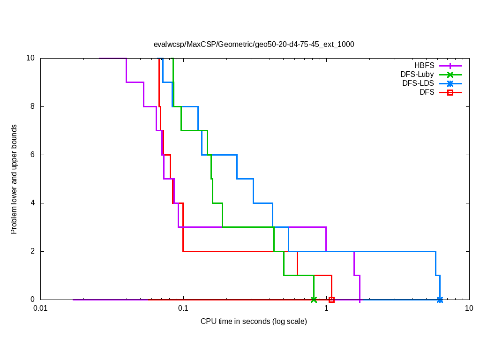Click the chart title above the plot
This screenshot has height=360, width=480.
tap(254, 45)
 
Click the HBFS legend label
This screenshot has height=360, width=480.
tap(424, 66)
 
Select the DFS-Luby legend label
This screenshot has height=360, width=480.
tap(417, 75)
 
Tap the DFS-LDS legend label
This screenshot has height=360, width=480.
tap(418, 83)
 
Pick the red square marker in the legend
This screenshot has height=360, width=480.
tap(450, 92)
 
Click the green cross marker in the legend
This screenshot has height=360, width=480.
tap(450, 75)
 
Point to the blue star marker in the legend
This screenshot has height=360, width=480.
tap(450, 83)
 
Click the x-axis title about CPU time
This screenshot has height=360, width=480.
tap(254, 321)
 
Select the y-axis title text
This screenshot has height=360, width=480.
tap(14, 179)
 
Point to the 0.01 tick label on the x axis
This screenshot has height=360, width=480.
tap(40, 309)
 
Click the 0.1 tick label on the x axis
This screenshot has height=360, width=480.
tap(183, 309)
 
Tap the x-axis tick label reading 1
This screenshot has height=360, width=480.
tap(326, 309)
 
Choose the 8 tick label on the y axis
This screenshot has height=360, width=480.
tap(33, 106)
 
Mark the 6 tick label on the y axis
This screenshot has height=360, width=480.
tap(33, 155)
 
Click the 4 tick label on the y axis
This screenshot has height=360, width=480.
tap(33, 203)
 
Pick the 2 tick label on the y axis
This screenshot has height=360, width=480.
tap(33, 251)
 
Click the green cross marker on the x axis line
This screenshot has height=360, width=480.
tap(314, 300)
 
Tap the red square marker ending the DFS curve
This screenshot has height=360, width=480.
tap(331, 300)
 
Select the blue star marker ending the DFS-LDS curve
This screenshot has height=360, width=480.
tap(440, 300)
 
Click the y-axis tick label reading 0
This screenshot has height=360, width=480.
tap(33, 300)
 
